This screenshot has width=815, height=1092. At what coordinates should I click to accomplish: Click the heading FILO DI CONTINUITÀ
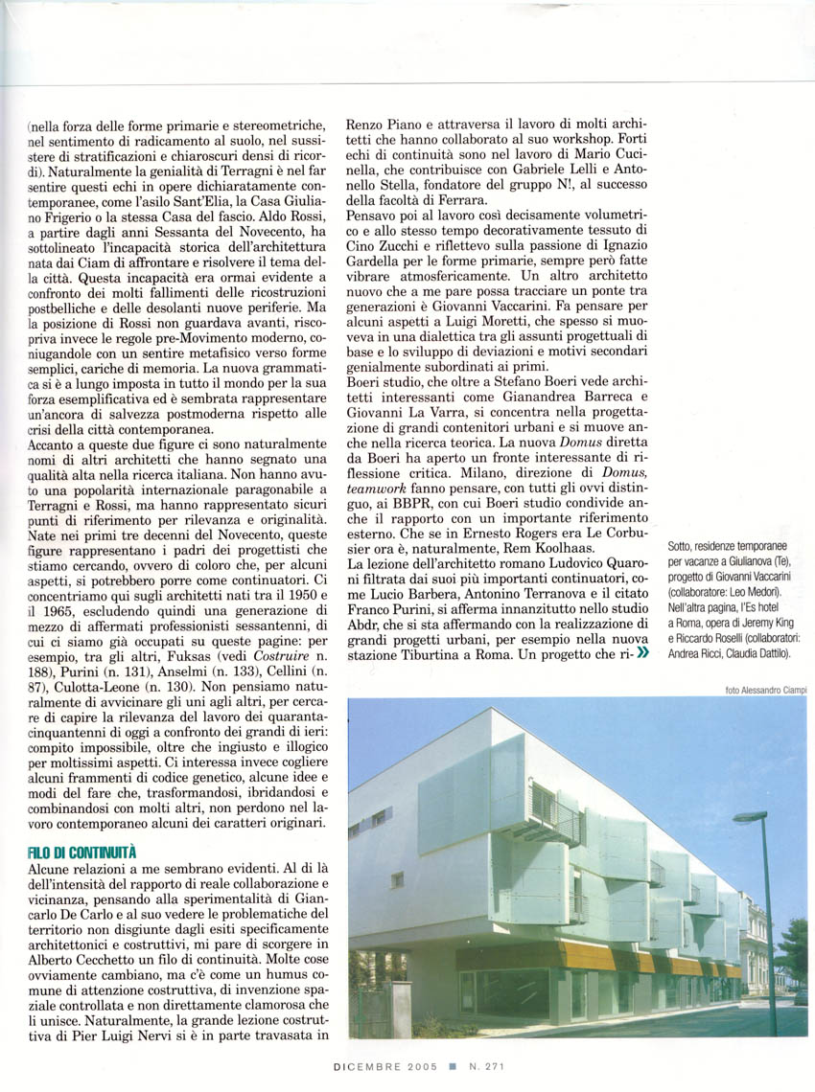(82, 851)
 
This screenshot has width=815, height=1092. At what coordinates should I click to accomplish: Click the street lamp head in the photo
(749, 816)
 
